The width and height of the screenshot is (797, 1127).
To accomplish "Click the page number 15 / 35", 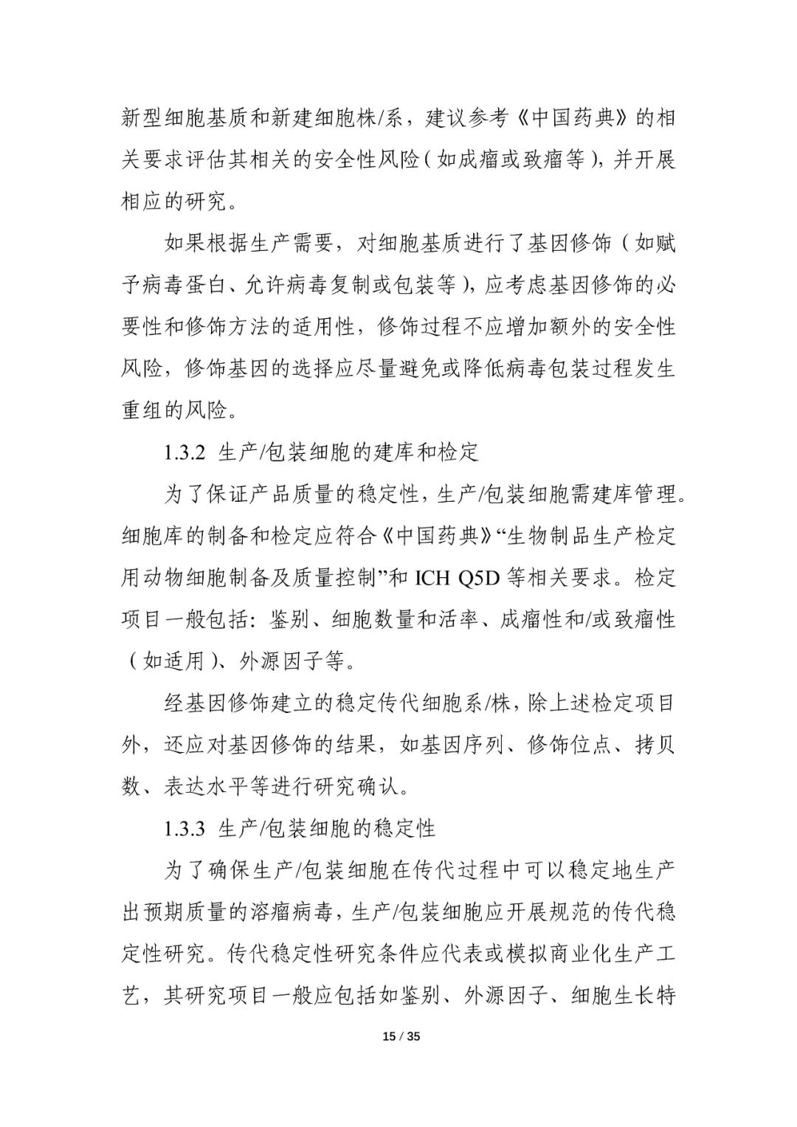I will [x=401, y=1036].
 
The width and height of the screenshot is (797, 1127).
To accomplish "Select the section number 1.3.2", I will [x=184, y=452].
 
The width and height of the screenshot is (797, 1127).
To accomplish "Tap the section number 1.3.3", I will [x=184, y=828].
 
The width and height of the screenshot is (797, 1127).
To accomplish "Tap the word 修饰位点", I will [x=570, y=745].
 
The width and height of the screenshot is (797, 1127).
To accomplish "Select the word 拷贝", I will [x=655, y=745].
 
